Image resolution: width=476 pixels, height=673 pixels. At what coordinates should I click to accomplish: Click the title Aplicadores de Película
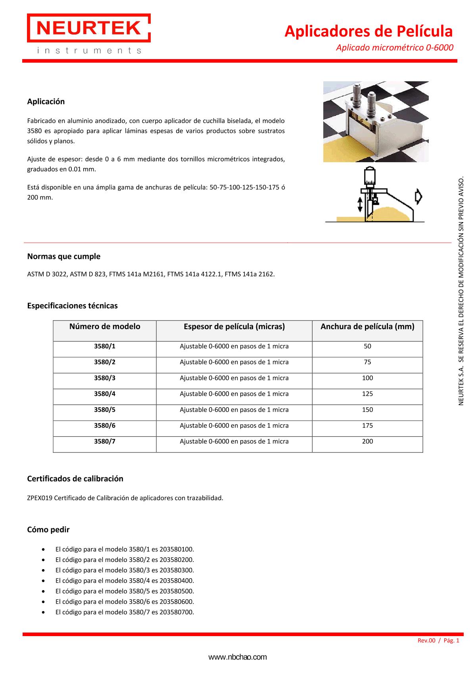[368, 31]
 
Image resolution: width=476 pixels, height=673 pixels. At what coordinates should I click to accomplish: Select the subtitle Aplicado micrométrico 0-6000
[394, 48]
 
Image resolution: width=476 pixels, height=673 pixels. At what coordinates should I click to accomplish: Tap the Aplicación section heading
[46, 102]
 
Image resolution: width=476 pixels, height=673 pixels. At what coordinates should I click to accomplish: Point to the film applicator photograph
[376, 121]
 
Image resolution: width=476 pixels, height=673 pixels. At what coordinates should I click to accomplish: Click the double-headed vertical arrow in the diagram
[360, 205]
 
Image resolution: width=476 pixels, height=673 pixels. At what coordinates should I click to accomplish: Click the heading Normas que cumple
[63, 257]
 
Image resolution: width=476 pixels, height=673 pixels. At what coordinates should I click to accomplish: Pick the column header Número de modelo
[105, 327]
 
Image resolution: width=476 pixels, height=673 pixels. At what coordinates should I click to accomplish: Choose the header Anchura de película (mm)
[367, 327]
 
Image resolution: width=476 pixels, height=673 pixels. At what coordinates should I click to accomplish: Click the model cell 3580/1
[105, 346]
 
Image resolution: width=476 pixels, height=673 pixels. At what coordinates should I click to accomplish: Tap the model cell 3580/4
[105, 394]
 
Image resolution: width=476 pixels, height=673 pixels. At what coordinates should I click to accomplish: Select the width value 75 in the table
[367, 362]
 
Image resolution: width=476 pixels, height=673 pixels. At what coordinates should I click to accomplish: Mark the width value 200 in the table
[367, 441]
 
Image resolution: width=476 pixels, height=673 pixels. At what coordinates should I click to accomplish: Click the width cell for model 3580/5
[367, 410]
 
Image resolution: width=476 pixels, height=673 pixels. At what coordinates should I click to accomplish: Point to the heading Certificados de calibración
[75, 479]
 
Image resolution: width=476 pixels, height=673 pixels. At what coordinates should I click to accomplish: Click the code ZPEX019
[39, 498]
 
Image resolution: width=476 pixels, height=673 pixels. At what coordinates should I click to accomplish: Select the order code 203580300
[177, 570]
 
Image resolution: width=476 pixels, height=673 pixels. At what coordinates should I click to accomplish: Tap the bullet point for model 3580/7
[43, 612]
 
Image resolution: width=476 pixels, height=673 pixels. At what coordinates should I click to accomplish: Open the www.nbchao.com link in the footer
[238, 657]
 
